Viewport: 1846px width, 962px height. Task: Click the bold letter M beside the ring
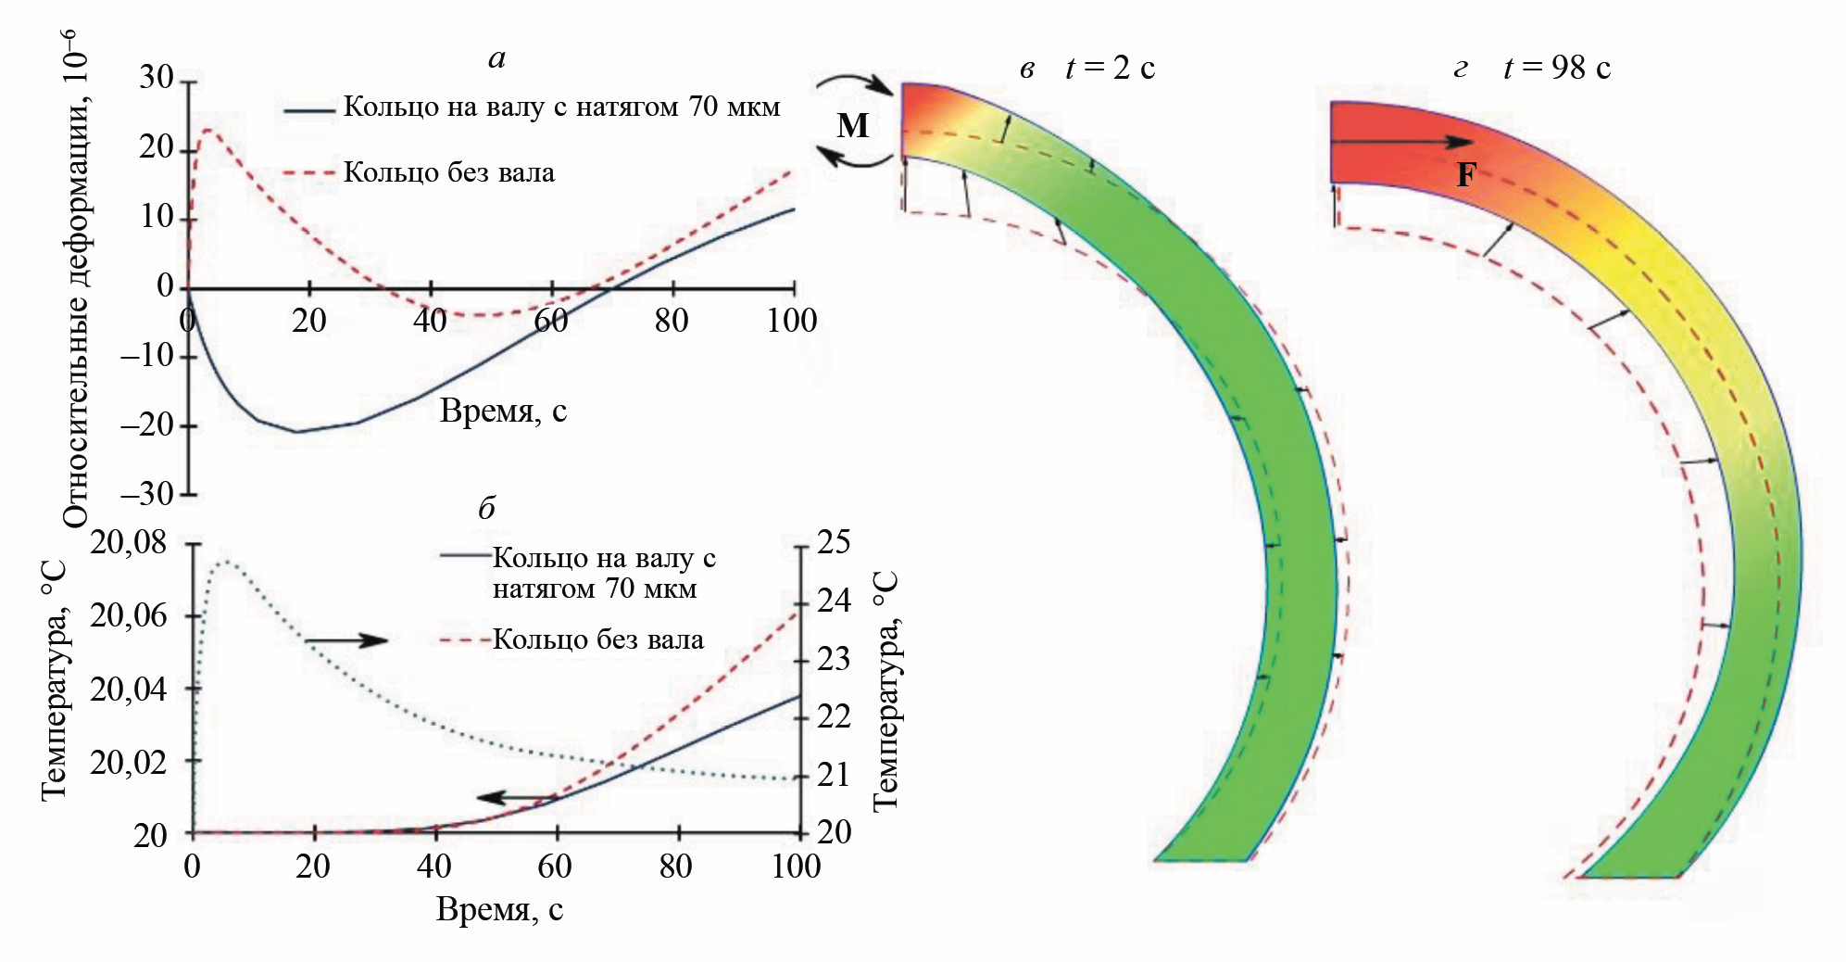coord(852,125)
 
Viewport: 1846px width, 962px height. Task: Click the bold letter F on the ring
coord(1465,174)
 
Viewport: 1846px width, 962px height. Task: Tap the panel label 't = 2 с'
coord(1110,68)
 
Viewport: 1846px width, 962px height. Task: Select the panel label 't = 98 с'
coord(1557,68)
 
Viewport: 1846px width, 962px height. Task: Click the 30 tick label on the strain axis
coord(157,78)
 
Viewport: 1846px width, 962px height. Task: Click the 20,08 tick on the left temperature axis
coord(129,542)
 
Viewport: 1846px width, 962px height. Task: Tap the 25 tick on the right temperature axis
coord(834,542)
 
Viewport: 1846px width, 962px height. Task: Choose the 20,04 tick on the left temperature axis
coord(129,690)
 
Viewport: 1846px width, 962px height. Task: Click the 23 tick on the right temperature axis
coord(834,659)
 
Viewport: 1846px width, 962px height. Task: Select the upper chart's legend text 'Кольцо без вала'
coord(449,172)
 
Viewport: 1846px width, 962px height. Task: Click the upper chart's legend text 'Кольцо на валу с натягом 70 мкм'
coord(561,108)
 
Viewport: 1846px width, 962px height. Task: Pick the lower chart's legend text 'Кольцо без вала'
coord(597,639)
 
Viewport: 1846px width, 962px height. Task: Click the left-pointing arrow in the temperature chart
coord(517,797)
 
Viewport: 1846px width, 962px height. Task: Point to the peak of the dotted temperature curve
coord(225,561)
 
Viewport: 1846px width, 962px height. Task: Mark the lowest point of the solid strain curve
coord(296,432)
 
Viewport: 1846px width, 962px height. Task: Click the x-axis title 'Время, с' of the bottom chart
coord(499,910)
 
